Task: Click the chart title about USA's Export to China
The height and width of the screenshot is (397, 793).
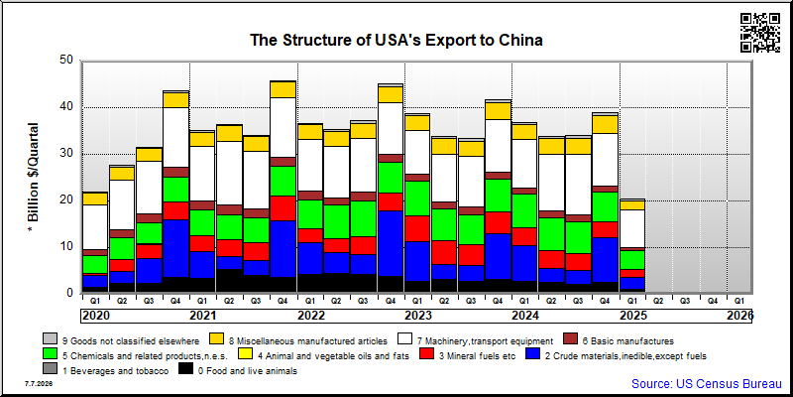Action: point(396,40)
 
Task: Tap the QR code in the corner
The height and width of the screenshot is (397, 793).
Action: point(760,33)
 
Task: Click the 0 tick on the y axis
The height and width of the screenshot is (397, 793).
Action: point(71,293)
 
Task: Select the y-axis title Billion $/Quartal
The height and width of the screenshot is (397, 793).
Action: point(34,178)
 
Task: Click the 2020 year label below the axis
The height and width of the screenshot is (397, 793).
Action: point(95,316)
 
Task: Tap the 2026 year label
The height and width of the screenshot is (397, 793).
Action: point(739,316)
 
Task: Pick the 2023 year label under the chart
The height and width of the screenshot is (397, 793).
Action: point(418,316)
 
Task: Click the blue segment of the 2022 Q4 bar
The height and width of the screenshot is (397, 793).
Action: point(390,243)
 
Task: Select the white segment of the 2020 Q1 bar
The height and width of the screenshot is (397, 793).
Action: point(95,227)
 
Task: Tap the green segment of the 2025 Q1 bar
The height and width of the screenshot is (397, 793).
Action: point(632,260)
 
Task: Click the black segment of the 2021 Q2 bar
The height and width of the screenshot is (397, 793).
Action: point(229,281)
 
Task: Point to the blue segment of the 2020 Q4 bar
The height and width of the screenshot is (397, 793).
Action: point(175,249)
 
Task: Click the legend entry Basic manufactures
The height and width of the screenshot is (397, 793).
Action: point(619,341)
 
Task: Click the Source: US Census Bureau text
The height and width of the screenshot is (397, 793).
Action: point(707,383)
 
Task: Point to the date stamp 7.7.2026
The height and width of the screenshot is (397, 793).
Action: point(38,384)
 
